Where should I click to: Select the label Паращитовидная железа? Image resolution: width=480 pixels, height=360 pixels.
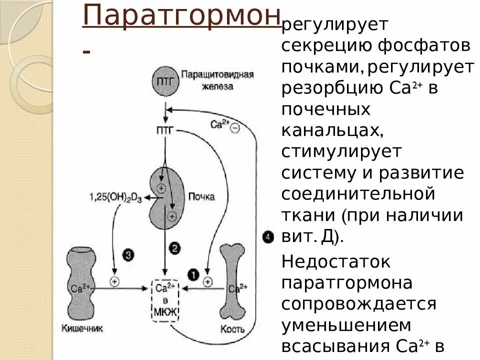pyautogui.click(x=217, y=80)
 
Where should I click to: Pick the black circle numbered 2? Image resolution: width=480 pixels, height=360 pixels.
pyautogui.click(x=174, y=247)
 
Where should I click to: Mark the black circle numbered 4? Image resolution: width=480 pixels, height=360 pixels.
pyautogui.click(x=268, y=236)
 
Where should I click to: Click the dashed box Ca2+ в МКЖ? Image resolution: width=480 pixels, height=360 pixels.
pyautogui.click(x=165, y=300)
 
